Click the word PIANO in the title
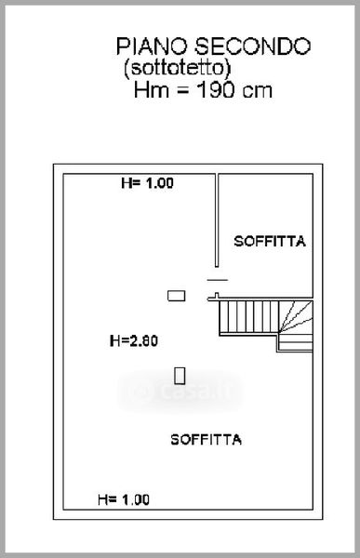click(x=152, y=46)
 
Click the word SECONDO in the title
click(x=252, y=46)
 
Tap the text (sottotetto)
click(x=177, y=68)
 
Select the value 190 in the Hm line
click(x=215, y=90)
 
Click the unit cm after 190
click(x=257, y=91)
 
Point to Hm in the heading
click(x=152, y=90)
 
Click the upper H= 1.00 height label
click(x=147, y=183)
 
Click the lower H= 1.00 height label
click(x=124, y=499)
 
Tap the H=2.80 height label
click(x=134, y=341)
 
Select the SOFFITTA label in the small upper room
click(x=270, y=242)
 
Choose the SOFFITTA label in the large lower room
click(x=207, y=440)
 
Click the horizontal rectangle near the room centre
click(x=176, y=296)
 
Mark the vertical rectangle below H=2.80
click(x=180, y=376)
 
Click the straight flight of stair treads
click(x=248, y=316)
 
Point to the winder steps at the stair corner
click(x=296, y=316)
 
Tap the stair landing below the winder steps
click(x=295, y=342)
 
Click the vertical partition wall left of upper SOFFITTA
click(x=217, y=219)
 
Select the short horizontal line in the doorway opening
click(x=218, y=280)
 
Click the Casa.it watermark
click(x=180, y=392)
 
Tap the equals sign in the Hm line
click(x=182, y=91)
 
